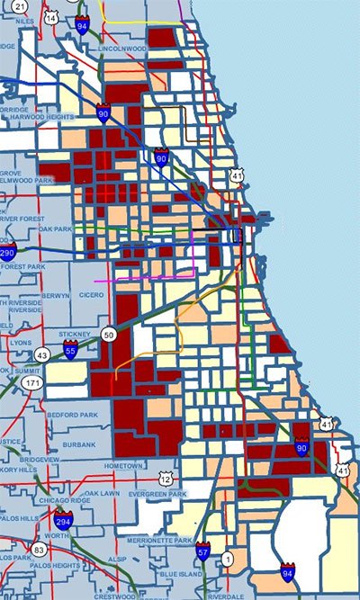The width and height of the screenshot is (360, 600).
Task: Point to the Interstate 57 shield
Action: (204, 551)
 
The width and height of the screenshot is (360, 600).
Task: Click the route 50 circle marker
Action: (110, 335)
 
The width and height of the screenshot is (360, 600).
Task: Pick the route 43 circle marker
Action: (43, 355)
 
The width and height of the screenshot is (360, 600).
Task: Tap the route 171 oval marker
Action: (32, 383)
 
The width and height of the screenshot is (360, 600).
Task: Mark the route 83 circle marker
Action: (39, 550)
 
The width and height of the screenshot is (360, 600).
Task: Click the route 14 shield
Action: (52, 17)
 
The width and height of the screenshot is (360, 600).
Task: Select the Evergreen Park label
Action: (157, 494)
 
